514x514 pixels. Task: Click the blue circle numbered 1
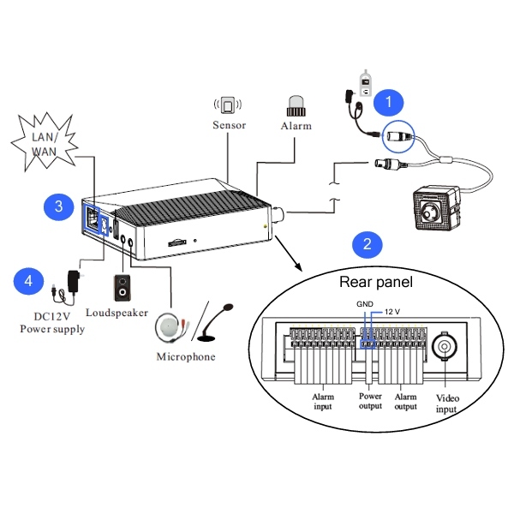click(x=391, y=103)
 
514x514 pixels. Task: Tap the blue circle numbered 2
click(x=368, y=244)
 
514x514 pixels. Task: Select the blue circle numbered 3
click(x=58, y=206)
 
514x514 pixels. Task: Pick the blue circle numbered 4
click(x=29, y=280)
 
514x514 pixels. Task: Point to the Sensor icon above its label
click(x=229, y=105)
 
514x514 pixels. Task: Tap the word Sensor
click(x=229, y=125)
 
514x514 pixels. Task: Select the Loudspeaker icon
click(x=124, y=288)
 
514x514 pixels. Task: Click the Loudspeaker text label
click(x=117, y=314)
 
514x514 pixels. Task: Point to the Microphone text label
click(x=186, y=356)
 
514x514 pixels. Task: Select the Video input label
click(x=448, y=403)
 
